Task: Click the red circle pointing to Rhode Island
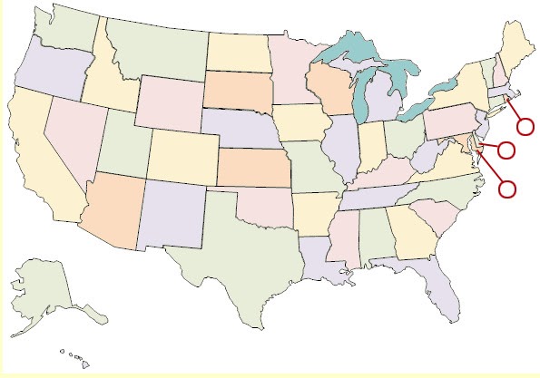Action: [x=525, y=126]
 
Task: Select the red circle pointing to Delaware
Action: [x=506, y=150]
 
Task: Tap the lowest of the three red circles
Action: [x=507, y=189]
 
